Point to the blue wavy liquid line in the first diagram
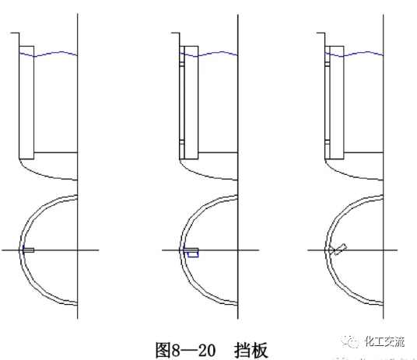[x=54, y=54]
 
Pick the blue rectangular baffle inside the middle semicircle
[x=192, y=253]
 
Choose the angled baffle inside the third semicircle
[x=338, y=250]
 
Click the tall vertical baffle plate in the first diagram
[x=26, y=101]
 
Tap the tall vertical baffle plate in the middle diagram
[x=190, y=101]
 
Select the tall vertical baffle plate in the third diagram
[x=336, y=101]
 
